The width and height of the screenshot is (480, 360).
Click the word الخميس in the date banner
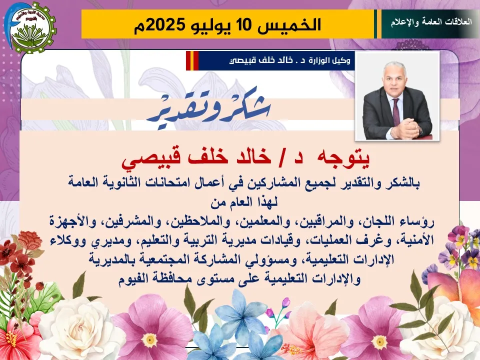click(289, 24)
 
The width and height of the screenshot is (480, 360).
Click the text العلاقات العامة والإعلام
click(431, 22)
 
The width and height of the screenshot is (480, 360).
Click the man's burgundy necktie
click(396, 111)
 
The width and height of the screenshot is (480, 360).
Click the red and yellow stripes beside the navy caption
click(192, 60)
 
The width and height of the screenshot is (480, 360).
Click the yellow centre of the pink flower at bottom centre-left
click(149, 338)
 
